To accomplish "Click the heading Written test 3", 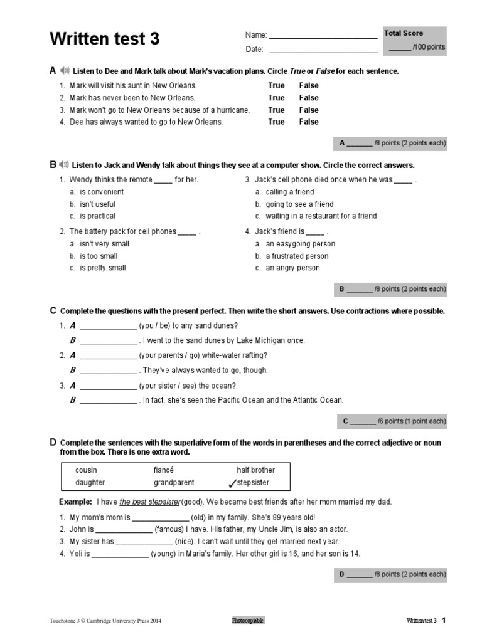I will [x=105, y=39].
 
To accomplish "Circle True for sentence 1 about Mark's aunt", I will [x=276, y=85].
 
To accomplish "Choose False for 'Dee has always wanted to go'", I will [x=309, y=122].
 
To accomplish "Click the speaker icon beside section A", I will [x=64, y=71].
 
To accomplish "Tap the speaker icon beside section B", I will [x=64, y=165].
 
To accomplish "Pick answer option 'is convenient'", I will [x=102, y=192].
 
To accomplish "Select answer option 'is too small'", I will [x=99, y=256].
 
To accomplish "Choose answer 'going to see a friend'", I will [x=299, y=204].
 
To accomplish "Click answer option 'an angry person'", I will [x=292, y=268].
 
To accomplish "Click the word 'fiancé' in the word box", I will [x=163, y=470].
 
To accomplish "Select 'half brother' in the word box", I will [x=255, y=470].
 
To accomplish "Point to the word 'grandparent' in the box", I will [x=174, y=483].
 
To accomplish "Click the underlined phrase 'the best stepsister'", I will [x=149, y=502].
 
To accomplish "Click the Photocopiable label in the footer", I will [x=248, y=621].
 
